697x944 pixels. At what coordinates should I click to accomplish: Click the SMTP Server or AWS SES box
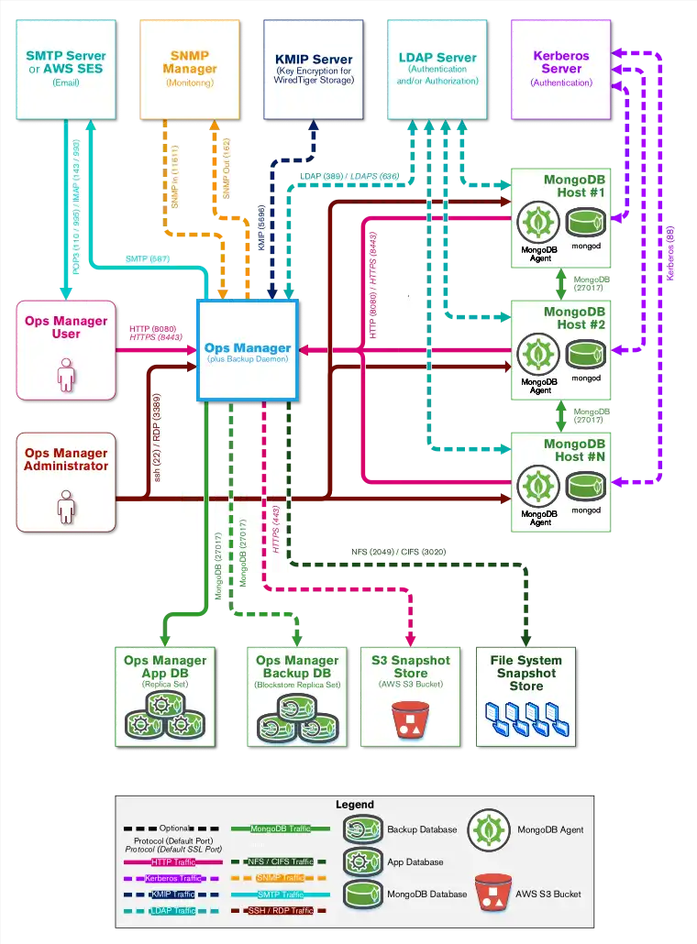(x=65, y=68)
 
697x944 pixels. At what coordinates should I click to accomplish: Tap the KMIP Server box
(x=314, y=68)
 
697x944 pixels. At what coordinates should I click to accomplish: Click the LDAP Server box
(x=437, y=68)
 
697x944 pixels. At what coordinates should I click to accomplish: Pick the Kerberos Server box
(x=561, y=68)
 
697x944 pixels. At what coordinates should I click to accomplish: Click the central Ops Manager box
(x=248, y=350)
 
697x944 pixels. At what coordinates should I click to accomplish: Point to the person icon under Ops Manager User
(x=65, y=375)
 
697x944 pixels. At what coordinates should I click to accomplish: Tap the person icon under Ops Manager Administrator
(x=65, y=505)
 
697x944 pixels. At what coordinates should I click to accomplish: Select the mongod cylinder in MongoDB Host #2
(x=586, y=353)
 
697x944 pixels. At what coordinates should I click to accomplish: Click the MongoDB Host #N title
(x=574, y=450)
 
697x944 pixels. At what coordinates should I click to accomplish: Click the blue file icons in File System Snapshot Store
(x=526, y=720)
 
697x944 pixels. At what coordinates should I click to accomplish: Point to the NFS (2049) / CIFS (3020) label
(x=399, y=553)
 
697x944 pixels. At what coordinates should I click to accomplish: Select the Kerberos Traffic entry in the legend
(x=171, y=878)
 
